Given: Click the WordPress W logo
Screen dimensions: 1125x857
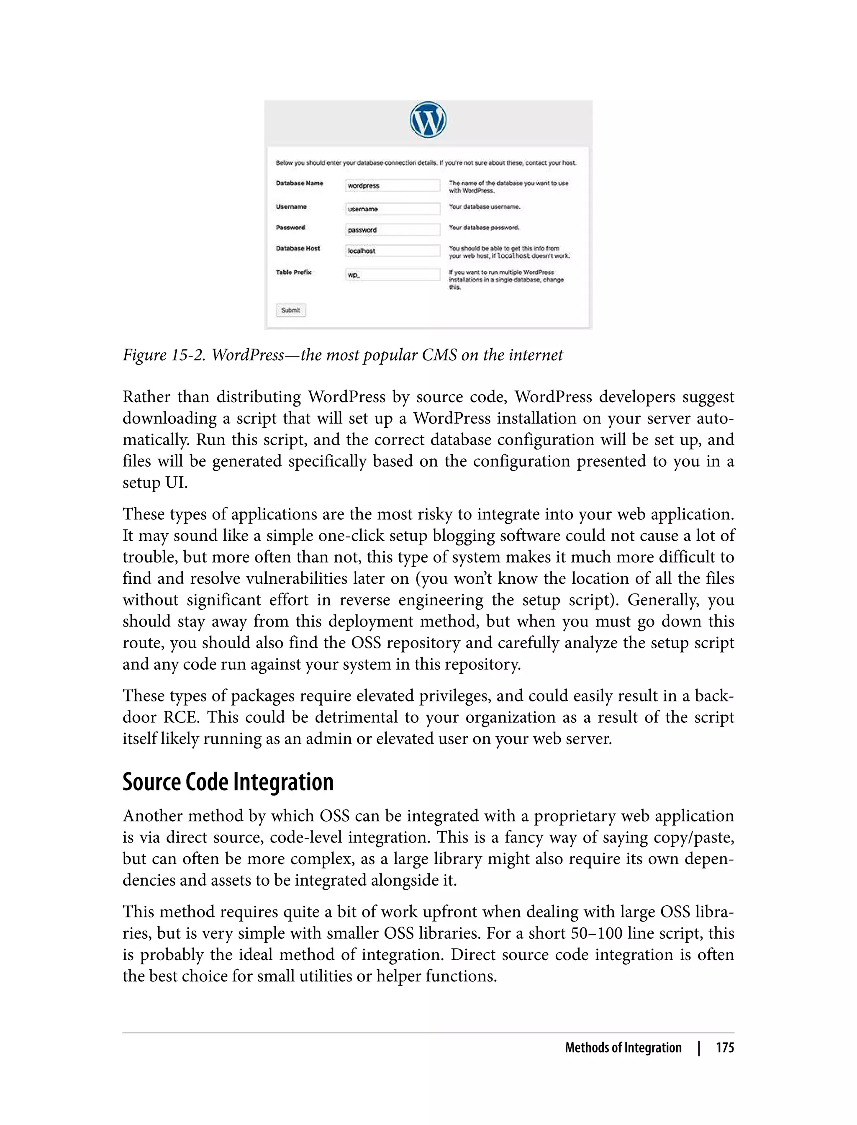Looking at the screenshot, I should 428,120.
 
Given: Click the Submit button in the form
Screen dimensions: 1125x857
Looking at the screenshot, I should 291,310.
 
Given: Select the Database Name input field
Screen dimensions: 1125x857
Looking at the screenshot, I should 392,185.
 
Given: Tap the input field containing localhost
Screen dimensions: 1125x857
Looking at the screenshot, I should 392,251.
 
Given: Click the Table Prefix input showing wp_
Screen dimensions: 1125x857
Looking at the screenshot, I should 392,275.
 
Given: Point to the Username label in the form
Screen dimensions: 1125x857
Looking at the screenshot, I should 291,207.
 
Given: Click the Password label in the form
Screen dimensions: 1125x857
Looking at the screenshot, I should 290,228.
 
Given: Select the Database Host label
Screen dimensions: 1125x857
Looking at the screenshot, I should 298,249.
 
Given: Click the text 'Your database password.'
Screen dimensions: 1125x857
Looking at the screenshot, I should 484,228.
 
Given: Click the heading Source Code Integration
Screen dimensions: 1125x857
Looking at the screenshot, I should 228,782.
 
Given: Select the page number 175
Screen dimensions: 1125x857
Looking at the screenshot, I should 724,1048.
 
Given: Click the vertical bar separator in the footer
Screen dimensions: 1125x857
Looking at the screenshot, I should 699,1048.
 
